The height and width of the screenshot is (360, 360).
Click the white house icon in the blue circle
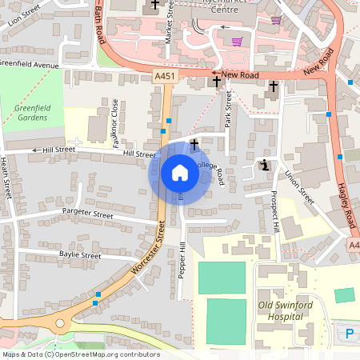click(x=180, y=172)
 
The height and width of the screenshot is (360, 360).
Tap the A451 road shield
click(x=164, y=76)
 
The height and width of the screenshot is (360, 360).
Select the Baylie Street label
click(x=80, y=255)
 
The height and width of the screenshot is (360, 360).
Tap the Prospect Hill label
click(x=274, y=211)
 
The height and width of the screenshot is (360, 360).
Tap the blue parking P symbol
click(x=349, y=334)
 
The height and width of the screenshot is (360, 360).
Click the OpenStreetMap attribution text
click(x=80, y=354)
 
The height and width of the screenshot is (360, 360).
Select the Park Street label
click(x=228, y=109)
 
